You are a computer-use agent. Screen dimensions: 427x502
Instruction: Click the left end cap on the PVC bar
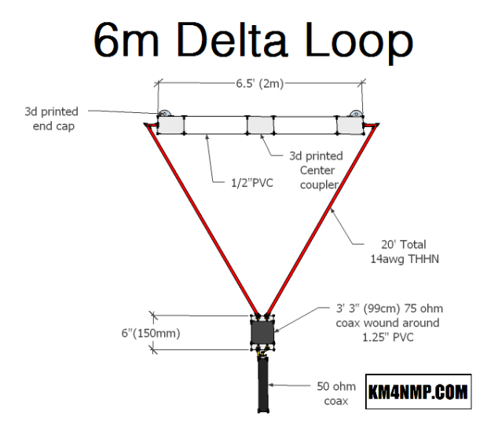point(170,125)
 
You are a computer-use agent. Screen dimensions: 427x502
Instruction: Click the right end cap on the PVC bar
point(350,124)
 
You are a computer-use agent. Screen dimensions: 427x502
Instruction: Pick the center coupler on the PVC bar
point(260,125)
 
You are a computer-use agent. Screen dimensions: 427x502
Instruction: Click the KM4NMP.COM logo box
point(418,391)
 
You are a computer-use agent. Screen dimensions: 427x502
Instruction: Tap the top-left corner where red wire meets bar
point(148,123)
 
